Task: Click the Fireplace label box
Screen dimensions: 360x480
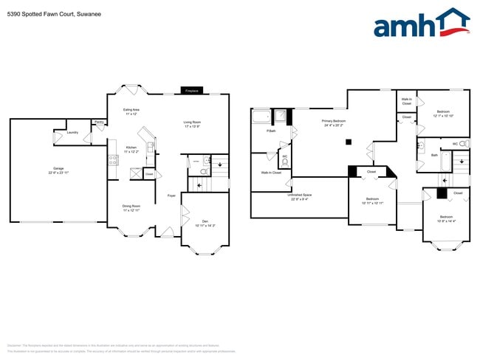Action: (191, 91)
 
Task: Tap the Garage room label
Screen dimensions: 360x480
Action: (58, 170)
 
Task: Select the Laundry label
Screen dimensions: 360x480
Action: (72, 133)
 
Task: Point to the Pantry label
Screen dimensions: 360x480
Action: (98, 122)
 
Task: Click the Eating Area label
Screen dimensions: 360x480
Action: (132, 111)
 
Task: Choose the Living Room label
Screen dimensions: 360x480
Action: (192, 124)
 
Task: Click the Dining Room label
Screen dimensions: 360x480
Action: (132, 208)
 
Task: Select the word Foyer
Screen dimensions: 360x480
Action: (171, 195)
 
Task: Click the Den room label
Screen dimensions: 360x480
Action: (205, 223)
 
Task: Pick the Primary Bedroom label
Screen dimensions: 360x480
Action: (334, 122)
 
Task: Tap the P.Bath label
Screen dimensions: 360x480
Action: (271, 131)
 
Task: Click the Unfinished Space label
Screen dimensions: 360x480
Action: (299, 197)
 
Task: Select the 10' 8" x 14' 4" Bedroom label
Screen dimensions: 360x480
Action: (447, 219)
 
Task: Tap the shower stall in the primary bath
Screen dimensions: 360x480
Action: (281, 116)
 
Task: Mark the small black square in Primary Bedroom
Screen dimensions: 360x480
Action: (352, 142)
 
